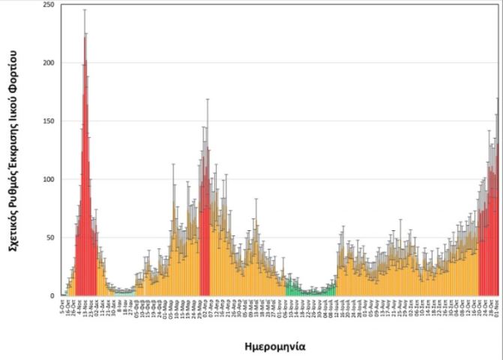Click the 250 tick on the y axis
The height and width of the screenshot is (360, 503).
pyautogui.click(x=48, y=5)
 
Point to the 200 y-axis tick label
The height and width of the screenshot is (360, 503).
pyautogui.click(x=48, y=63)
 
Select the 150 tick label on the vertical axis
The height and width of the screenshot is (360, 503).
pyautogui.click(x=48, y=121)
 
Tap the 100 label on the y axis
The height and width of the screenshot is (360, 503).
pyautogui.click(x=48, y=179)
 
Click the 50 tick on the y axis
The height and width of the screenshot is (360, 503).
pyautogui.click(x=49, y=238)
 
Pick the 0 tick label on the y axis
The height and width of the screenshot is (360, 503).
pyautogui.click(x=52, y=295)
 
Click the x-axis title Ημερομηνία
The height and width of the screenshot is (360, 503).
pyautogui.click(x=274, y=346)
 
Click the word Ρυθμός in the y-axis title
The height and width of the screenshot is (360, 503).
pyautogui.click(x=14, y=188)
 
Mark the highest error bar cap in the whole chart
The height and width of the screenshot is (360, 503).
pyautogui.click(x=85, y=10)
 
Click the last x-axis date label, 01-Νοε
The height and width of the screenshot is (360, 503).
pyautogui.click(x=496, y=308)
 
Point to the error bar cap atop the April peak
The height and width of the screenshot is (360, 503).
pyautogui.click(x=208, y=99)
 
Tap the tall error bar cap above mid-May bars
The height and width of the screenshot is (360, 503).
pyautogui.click(x=256, y=199)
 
